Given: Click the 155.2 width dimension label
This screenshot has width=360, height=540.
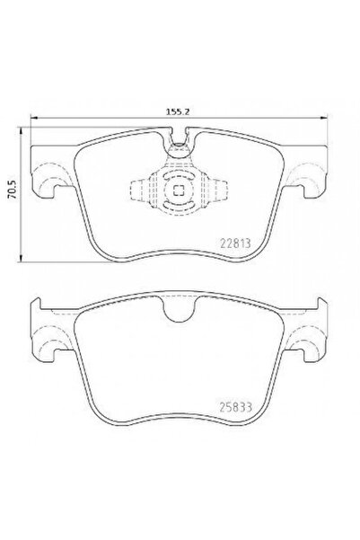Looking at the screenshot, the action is [179, 112].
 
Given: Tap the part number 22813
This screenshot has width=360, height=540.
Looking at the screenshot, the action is [235, 243].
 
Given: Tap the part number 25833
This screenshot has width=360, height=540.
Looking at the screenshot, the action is [236, 407].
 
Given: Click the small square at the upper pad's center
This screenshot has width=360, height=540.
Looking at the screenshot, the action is [179, 190].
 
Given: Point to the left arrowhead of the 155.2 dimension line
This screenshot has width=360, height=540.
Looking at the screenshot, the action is [34, 118].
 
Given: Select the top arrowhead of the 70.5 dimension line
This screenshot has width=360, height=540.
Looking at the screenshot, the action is [22, 130].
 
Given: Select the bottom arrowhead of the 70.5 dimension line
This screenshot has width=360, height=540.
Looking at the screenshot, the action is [22, 258].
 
